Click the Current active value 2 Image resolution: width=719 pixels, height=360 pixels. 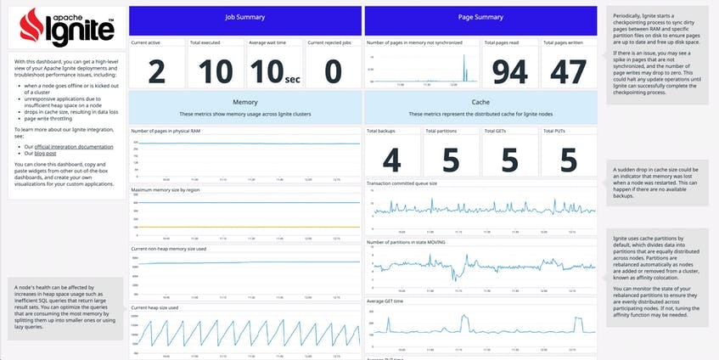(156, 72)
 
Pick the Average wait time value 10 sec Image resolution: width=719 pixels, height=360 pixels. (274, 72)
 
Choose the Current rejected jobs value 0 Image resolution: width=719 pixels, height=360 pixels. (333, 72)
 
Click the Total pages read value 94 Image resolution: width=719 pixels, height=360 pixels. (509, 72)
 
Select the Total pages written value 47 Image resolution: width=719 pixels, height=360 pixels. (568, 72)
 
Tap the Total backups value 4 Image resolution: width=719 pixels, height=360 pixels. (391, 159)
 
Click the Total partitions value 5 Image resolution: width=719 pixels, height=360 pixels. (451, 159)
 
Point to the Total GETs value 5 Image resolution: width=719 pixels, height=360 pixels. (509, 159)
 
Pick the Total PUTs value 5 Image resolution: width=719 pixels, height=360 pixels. (568, 159)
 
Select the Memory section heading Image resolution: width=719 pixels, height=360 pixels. (244, 102)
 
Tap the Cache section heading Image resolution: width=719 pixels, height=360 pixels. (480, 102)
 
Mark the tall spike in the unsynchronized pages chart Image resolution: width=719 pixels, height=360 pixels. (464, 68)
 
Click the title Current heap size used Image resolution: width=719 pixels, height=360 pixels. (154, 308)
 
